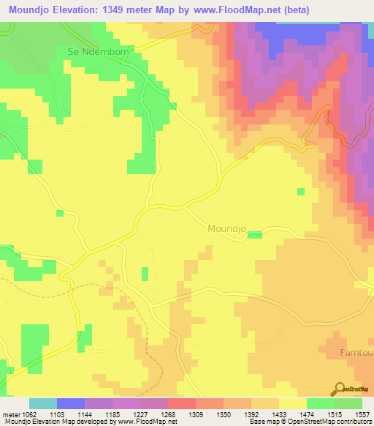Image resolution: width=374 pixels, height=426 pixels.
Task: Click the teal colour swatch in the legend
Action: (43, 403)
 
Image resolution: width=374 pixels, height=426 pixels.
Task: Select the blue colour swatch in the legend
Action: (71, 403)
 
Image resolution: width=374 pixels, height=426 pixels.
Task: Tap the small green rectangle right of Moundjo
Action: (254, 234)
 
